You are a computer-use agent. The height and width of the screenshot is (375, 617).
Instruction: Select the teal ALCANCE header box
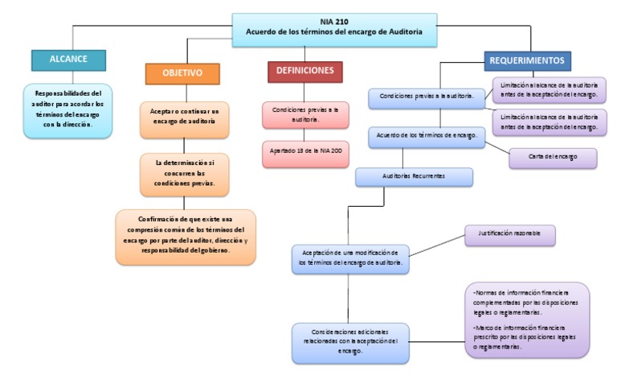pos(68,59)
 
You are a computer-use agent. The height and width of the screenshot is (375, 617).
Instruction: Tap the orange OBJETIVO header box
pos(182,72)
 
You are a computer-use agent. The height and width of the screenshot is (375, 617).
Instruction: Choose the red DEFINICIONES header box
pos(304,72)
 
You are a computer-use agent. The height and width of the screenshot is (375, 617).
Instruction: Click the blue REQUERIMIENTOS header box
pos(529,60)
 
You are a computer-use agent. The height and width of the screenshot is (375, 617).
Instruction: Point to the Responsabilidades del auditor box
pos(68,109)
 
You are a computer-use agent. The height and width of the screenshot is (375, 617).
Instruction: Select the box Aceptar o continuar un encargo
pos(184,119)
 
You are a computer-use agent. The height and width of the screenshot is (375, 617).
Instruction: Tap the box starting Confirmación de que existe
pos(186,235)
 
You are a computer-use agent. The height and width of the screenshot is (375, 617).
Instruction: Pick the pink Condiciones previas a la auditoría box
pos(305,113)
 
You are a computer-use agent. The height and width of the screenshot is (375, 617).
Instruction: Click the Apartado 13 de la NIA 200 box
pos(305,152)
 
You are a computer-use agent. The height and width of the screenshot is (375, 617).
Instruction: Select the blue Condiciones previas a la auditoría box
pos(426,96)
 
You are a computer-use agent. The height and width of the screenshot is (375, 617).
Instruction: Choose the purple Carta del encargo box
pos(553,155)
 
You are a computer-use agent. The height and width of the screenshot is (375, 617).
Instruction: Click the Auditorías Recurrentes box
pos(414,175)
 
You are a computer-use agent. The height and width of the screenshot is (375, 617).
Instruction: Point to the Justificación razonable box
pos(510,234)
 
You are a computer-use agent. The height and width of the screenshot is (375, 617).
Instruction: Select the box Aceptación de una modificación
pos(350,257)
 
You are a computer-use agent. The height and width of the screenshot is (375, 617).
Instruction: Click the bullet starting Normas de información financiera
pos(525,303)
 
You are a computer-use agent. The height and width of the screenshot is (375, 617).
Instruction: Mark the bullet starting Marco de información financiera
pos(525,336)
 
